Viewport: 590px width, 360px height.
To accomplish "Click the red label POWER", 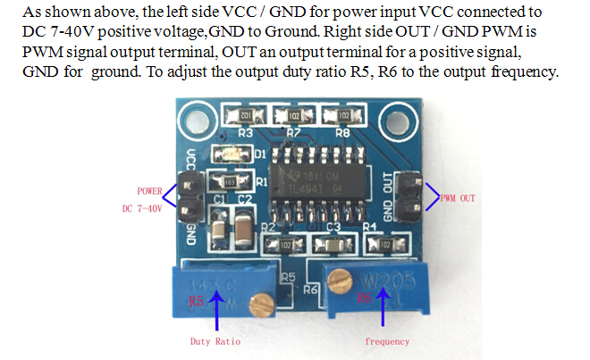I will point(150,190).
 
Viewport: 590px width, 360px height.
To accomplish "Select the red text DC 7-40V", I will point(144,209).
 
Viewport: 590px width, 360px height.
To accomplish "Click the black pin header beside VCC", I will point(189,198).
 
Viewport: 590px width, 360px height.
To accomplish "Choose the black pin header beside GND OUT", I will point(410,196).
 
